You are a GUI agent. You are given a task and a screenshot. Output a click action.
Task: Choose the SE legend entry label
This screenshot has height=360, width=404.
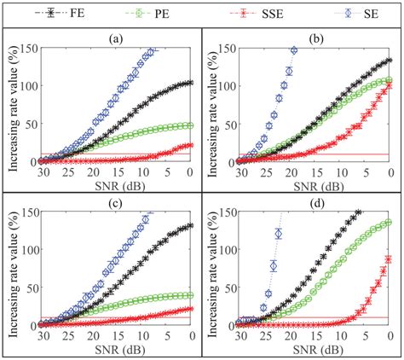click(x=368, y=15)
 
